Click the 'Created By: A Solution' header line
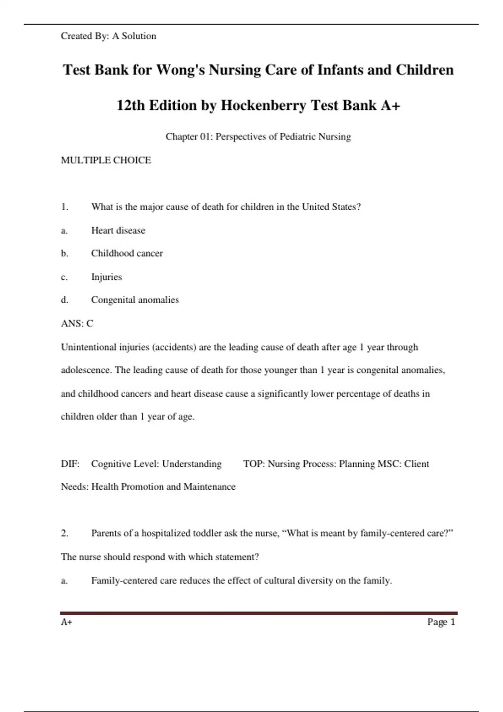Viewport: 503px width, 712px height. point(108,36)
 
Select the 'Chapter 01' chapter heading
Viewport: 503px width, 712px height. point(258,137)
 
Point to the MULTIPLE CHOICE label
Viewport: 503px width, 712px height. point(106,160)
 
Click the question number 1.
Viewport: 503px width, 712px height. point(65,207)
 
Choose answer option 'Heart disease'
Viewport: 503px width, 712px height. point(118,230)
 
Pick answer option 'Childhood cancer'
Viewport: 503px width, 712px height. point(127,253)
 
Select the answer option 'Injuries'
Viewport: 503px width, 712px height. point(106,277)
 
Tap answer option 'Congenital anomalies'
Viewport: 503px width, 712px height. point(135,300)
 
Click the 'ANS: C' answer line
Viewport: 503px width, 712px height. point(77,323)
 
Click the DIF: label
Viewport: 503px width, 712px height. point(70,464)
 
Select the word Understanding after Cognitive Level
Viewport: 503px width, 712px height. point(192,464)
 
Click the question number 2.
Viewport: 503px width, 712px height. point(65,533)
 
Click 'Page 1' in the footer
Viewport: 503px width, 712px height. point(441,622)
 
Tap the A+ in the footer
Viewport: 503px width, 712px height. point(67,622)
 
